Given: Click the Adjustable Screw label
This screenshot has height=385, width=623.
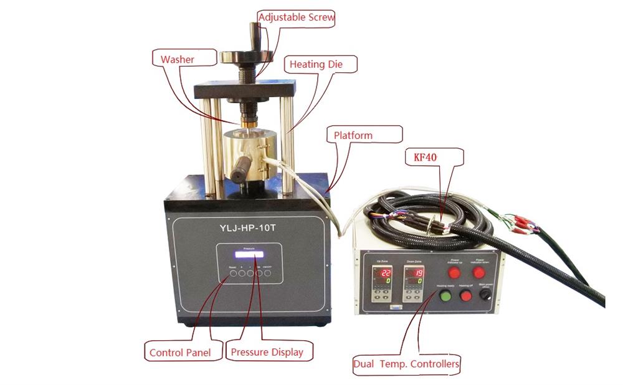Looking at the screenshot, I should click(297, 17).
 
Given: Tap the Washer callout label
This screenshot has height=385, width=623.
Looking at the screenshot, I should click(178, 59).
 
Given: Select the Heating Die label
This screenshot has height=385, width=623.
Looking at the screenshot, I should click(315, 64).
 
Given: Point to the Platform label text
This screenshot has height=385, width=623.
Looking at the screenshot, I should click(353, 135).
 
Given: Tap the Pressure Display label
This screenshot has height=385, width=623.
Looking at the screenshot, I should click(267, 352).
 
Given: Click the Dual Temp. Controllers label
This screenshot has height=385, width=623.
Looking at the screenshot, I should click(406, 364).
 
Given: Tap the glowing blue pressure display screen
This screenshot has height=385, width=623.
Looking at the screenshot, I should click(248, 255).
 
